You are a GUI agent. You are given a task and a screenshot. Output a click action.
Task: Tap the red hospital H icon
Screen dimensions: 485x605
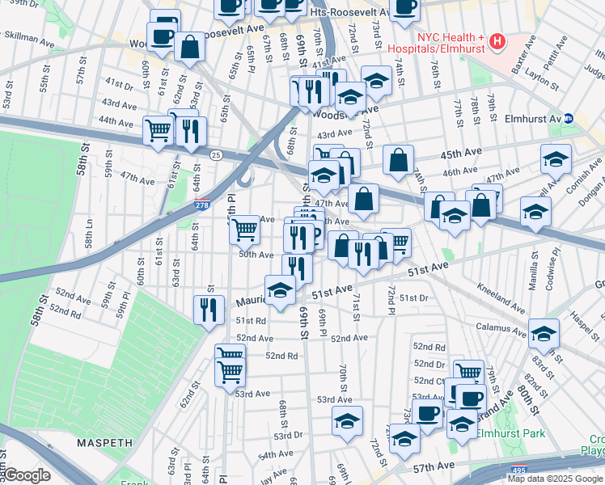pos(497,40)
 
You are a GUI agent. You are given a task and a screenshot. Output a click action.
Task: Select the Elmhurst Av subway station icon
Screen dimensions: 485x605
pos(569,117)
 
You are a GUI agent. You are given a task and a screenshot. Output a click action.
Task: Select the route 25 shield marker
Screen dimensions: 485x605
pos(216,154)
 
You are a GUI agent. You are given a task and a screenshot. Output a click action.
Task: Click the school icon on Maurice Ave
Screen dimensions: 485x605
pos(280,290)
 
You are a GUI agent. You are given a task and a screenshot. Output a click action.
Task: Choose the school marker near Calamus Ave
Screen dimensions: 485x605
pos(544,331)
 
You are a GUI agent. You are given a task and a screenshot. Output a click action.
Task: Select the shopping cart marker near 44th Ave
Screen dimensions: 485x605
pos(159,129)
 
